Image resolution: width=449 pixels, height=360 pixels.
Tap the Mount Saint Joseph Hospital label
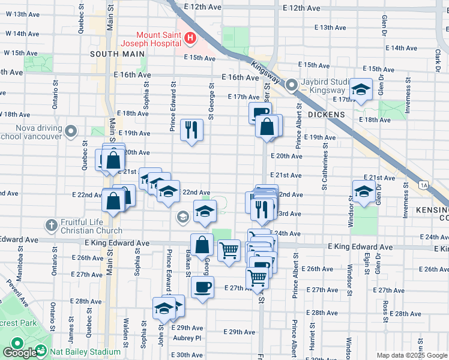click(151, 39)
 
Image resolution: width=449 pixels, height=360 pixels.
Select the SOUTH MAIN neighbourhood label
click(118, 53)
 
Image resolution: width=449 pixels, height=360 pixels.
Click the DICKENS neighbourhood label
click(327, 114)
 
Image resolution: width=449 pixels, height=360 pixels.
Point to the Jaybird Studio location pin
click(292, 85)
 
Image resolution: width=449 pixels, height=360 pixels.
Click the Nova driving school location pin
click(71, 130)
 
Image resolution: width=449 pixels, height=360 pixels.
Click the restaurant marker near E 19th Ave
click(191, 128)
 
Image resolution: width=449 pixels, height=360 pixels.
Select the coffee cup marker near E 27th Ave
click(202, 286)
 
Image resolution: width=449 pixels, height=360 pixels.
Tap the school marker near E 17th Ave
click(361, 90)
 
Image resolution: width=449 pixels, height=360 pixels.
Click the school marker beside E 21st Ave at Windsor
click(364, 191)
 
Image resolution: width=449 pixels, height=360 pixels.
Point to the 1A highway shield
click(424, 185)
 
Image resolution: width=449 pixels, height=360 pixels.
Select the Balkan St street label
click(188, 264)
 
